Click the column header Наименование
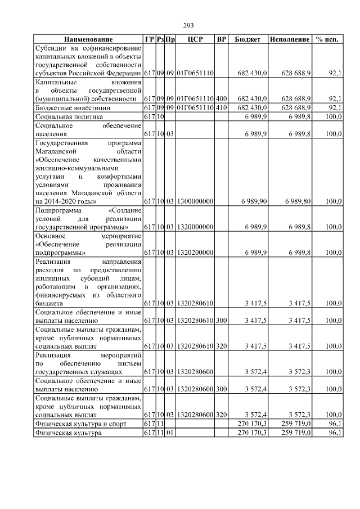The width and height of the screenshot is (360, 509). [88, 39]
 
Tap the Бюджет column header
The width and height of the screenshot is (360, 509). [247, 39]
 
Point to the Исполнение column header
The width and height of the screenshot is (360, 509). [290, 39]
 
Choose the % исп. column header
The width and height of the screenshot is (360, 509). [327, 39]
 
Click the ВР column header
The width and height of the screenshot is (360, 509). [222, 39]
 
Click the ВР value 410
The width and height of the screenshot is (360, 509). [222, 107]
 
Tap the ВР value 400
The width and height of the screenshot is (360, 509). [222, 98]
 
